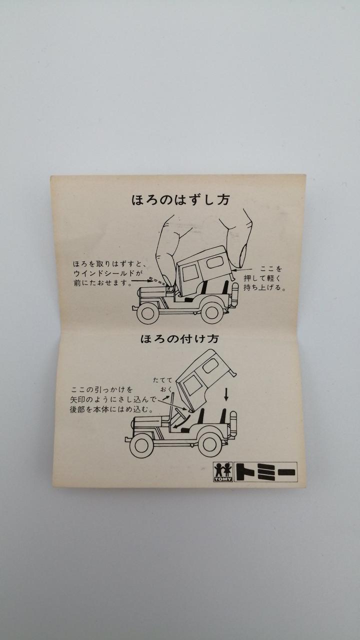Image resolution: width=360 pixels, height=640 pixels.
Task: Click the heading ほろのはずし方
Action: pyautogui.click(x=180, y=200)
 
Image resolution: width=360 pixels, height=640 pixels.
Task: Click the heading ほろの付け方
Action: pyautogui.click(x=179, y=339)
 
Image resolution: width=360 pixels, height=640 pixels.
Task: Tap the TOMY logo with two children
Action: pyautogui.click(x=223, y=471)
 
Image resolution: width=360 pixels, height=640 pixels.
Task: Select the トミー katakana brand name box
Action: pyautogui.click(x=265, y=471)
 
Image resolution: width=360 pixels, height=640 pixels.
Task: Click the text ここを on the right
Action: pyautogui.click(x=271, y=268)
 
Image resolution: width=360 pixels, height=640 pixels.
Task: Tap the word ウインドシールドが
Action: pyautogui.click(x=107, y=273)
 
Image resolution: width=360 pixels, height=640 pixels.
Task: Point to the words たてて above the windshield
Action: pyautogui.click(x=163, y=380)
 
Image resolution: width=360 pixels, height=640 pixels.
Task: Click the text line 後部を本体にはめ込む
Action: pyautogui.click(x=111, y=409)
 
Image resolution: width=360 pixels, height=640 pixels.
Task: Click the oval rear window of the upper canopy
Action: pyautogui.click(x=215, y=261)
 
